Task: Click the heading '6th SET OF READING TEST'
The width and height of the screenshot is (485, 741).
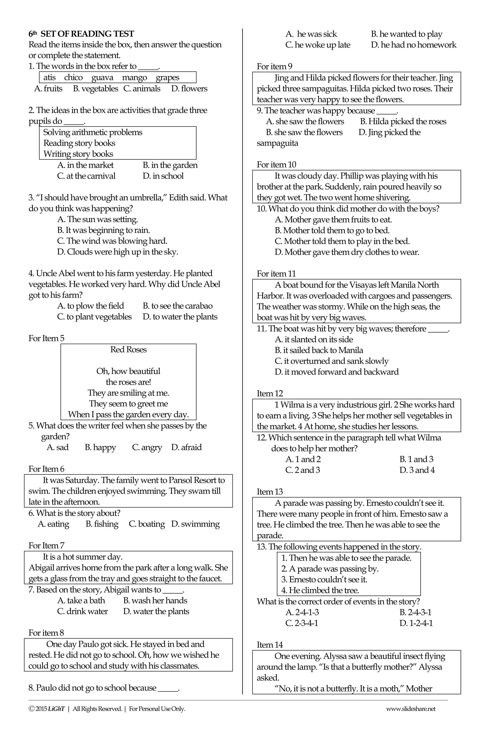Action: [81, 34]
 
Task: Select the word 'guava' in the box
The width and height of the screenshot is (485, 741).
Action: [102, 78]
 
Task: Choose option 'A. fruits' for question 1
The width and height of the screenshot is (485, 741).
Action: [48, 89]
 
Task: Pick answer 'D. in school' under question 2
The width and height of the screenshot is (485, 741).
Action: [163, 176]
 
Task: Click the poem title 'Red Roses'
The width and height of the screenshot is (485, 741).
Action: [128, 349]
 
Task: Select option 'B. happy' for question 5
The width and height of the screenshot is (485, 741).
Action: [100, 447]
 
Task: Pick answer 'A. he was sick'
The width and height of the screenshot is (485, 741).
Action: [311, 34]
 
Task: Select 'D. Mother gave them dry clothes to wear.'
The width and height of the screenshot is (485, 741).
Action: [347, 252]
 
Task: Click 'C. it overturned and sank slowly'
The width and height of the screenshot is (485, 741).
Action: [332, 361]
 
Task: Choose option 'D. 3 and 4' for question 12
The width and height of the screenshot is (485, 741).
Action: [417, 470]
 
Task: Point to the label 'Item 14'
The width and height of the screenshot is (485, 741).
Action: [270, 645]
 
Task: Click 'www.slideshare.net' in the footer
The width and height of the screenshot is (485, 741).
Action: [410, 709]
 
